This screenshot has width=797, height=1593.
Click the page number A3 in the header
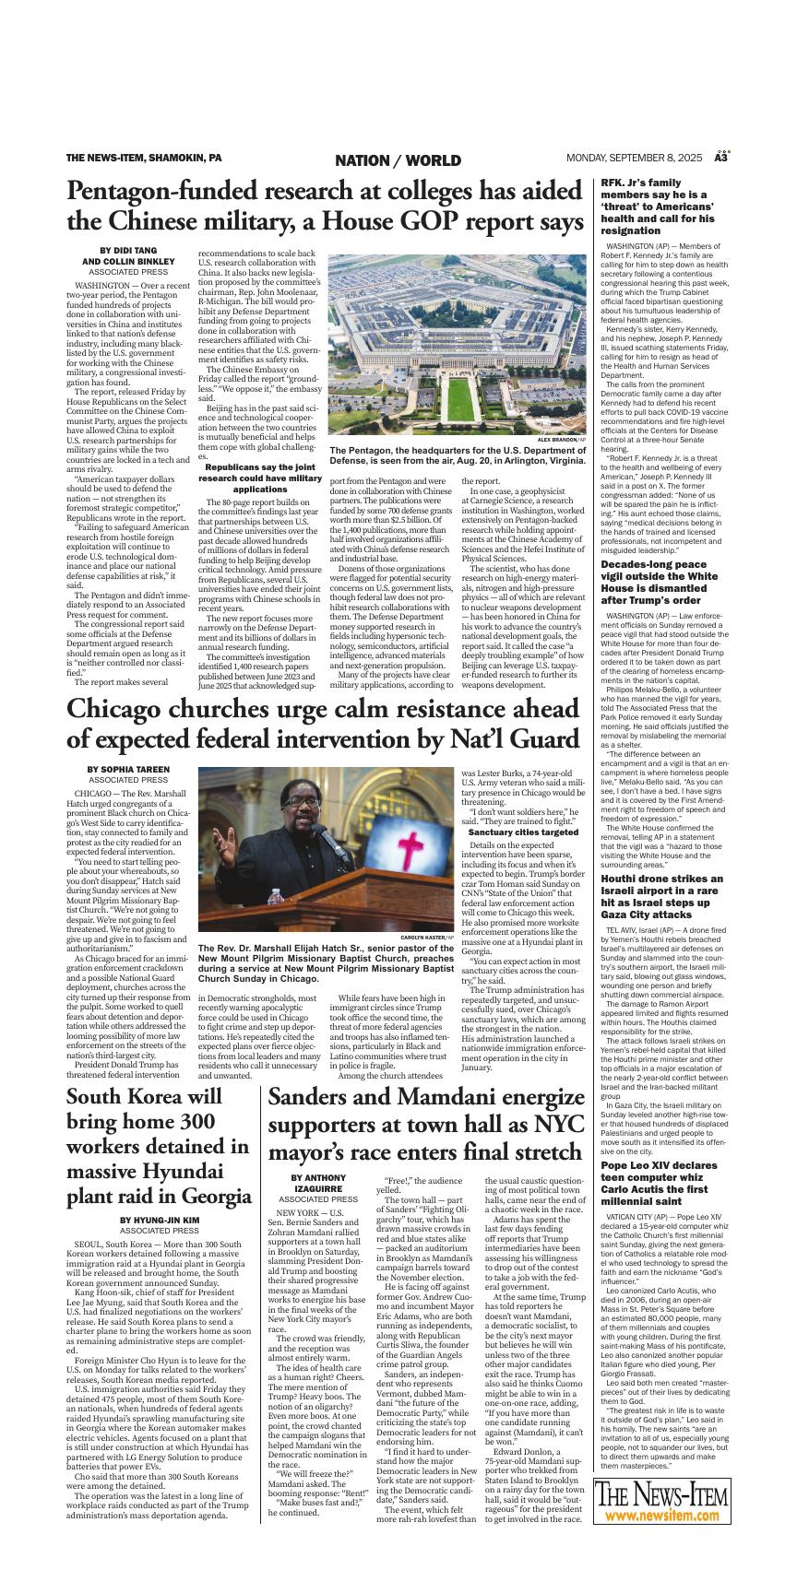[x=722, y=159]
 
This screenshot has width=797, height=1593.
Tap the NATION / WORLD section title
[x=398, y=160]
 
